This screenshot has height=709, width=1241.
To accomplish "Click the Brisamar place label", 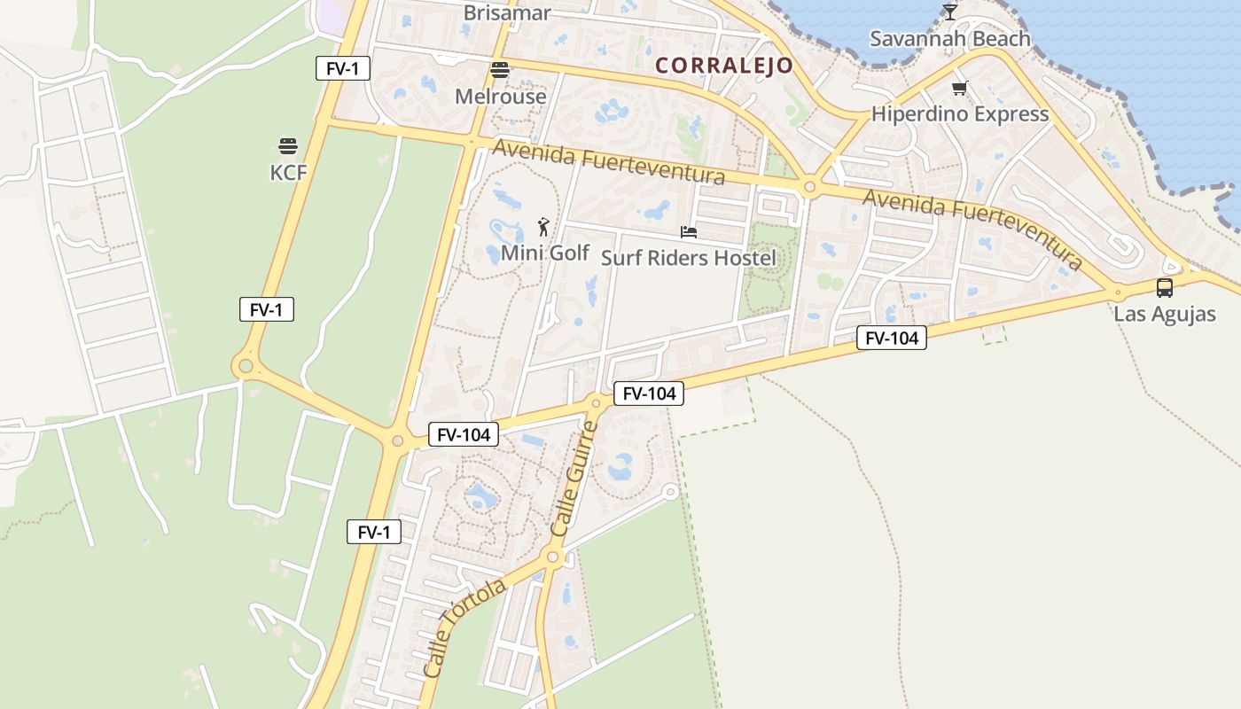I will coord(507,13).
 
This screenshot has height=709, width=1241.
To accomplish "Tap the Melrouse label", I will coord(500,96).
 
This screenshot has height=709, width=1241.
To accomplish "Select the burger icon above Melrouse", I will coord(500,70).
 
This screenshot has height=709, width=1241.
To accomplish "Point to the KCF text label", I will coord(288,172).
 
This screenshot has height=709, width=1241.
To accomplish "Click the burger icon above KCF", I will coord(288,145).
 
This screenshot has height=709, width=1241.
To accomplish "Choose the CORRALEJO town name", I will coord(724,66).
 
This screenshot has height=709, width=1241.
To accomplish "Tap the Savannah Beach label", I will coord(949,39).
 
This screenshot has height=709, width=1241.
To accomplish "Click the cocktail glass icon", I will coord(950,12).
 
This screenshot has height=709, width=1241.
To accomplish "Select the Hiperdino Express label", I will coord(960,113).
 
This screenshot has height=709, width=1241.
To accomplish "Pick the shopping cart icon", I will coord(960,88).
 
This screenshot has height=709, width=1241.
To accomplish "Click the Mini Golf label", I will coord(544,253).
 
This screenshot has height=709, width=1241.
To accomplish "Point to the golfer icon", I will coord(543,227).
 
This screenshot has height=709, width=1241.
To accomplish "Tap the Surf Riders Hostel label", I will coord(688,258).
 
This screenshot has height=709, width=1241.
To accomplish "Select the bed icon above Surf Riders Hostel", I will coord(689,232).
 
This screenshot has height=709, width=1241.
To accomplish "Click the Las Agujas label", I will coord(1165,314).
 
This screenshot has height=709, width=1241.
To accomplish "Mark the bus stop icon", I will coord(1165,288).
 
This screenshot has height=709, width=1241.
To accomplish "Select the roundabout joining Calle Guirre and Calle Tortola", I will coord(553,557).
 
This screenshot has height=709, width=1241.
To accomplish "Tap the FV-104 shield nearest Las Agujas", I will coord(891,338).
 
